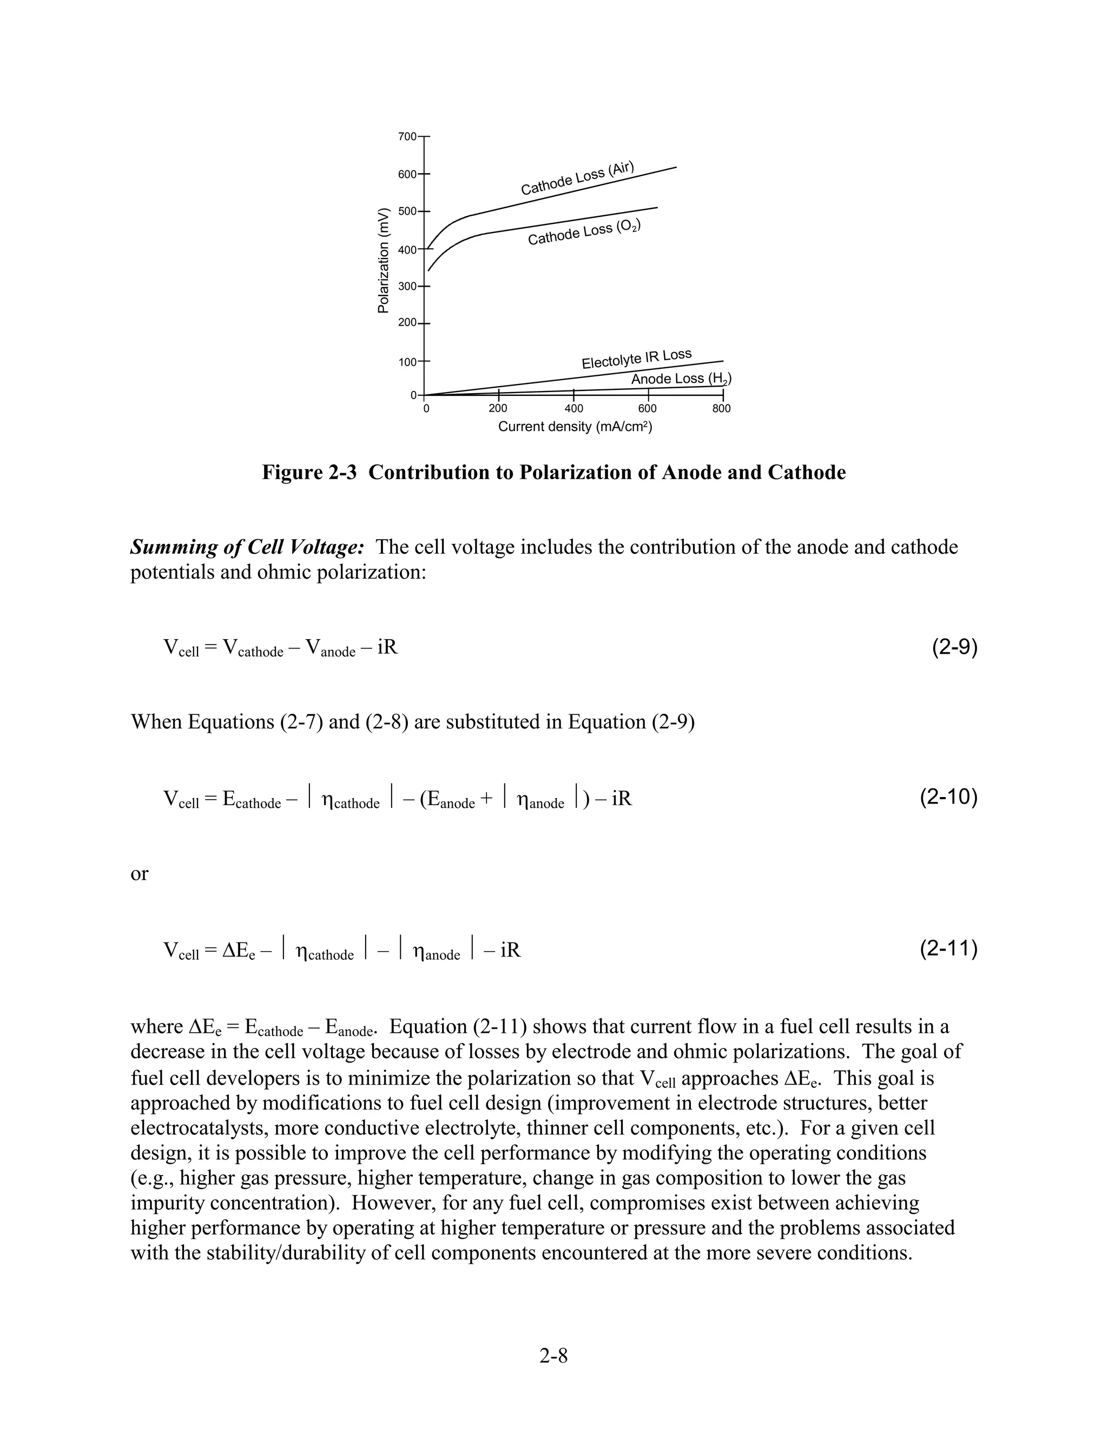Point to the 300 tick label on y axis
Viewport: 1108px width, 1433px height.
click(407, 287)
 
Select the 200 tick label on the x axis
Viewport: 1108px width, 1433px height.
click(498, 409)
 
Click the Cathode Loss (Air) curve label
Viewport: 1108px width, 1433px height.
click(578, 178)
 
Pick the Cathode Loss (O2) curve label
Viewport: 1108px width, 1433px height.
click(584, 233)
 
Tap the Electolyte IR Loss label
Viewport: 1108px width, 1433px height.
click(636, 359)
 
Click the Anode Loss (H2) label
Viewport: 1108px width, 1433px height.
click(681, 379)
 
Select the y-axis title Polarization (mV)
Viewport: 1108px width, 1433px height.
click(384, 261)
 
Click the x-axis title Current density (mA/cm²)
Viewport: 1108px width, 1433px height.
click(575, 427)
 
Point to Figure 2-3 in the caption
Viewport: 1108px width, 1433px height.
click(308, 473)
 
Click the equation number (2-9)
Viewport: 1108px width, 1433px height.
click(954, 648)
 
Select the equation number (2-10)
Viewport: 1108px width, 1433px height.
click(948, 797)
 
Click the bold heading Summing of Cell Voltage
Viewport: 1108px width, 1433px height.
click(247, 547)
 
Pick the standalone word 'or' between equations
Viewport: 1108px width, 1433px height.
click(139, 874)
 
